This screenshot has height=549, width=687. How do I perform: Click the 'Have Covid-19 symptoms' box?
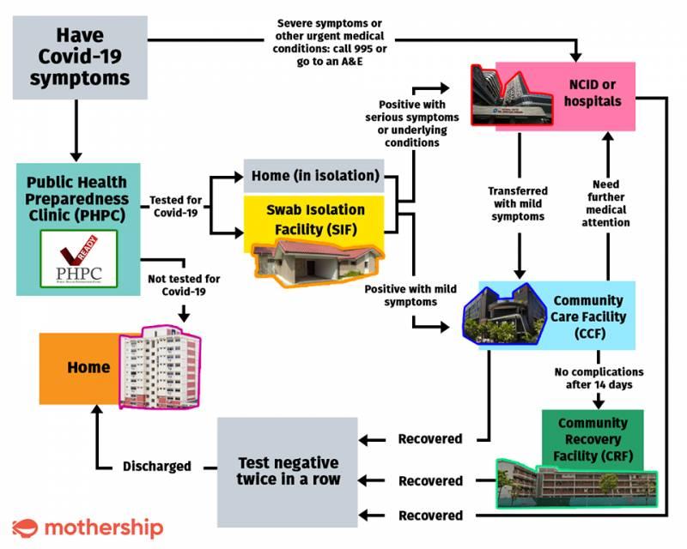[80, 57]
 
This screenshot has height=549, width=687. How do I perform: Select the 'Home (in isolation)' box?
[315, 176]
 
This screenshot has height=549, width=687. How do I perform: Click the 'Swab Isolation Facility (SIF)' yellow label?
[315, 218]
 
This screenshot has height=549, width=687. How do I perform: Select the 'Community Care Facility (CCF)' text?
[588, 317]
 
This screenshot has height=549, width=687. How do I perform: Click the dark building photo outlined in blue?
[504, 315]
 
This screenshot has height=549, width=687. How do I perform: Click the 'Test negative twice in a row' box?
[288, 471]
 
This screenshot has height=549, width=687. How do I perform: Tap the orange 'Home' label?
[88, 368]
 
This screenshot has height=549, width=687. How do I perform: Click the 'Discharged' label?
[156, 467]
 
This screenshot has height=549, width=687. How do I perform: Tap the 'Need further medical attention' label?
[611, 202]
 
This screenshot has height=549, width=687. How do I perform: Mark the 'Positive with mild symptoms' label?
[400, 295]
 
